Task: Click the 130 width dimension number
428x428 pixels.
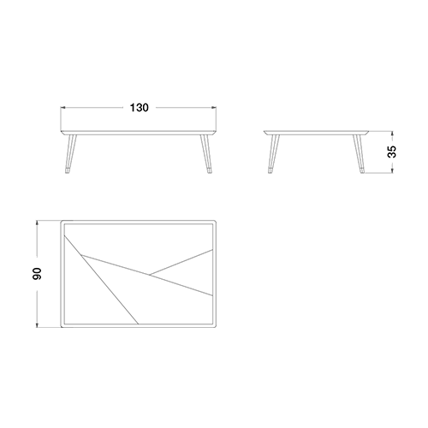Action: (x=140, y=108)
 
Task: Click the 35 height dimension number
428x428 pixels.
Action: (x=392, y=152)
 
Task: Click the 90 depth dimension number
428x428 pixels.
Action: (x=38, y=274)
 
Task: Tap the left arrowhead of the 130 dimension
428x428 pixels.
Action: (x=63, y=108)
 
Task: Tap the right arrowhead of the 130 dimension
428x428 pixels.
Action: (x=213, y=108)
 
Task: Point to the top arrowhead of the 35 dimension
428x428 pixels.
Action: (x=392, y=134)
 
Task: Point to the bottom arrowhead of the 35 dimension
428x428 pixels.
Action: (x=392, y=170)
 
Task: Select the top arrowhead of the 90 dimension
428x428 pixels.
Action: (x=37, y=223)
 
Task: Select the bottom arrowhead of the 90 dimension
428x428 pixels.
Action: (x=37, y=324)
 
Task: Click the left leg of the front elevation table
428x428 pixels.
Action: (x=70, y=153)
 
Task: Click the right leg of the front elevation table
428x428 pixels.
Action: (x=206, y=153)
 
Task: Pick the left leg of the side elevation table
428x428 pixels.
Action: (x=274, y=153)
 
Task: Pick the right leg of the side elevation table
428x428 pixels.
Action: (x=359, y=153)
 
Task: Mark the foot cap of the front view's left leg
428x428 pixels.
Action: (x=68, y=170)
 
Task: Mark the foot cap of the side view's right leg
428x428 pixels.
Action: (x=362, y=170)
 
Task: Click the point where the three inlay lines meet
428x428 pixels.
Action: (x=150, y=275)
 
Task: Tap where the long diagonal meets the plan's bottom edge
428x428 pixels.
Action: (x=139, y=324)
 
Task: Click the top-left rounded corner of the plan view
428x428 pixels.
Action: (x=62, y=222)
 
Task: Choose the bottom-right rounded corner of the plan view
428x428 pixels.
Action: (x=214, y=326)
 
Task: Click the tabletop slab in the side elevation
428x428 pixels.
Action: (x=316, y=133)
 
